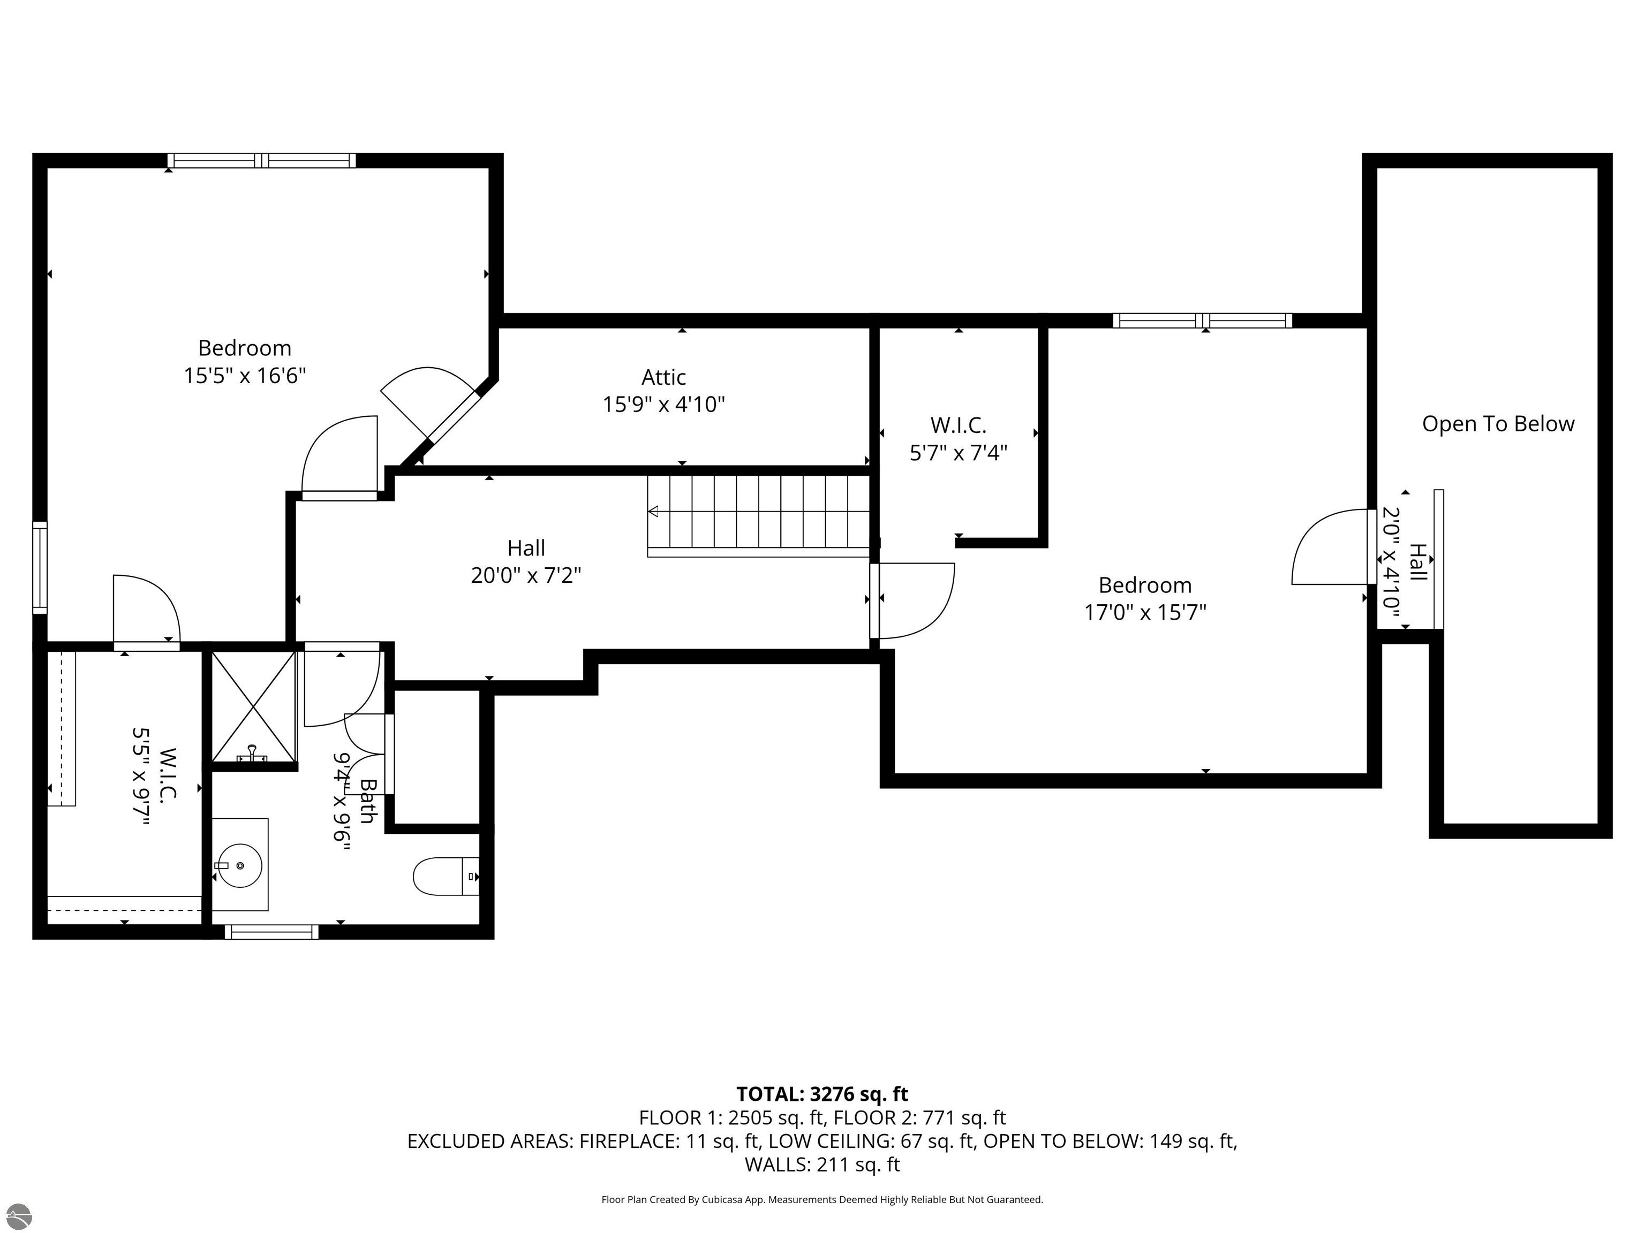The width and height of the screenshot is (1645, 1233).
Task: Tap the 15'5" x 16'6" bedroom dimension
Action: pyautogui.click(x=245, y=375)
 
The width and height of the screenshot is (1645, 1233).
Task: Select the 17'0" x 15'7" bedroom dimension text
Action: pyautogui.click(x=1144, y=612)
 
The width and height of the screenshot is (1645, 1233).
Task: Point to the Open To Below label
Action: pyautogui.click(x=1498, y=424)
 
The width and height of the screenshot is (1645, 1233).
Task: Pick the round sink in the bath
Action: pyautogui.click(x=239, y=865)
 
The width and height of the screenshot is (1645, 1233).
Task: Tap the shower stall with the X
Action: pyautogui.click(x=254, y=706)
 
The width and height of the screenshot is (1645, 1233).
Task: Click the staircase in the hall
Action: pyautogui.click(x=759, y=513)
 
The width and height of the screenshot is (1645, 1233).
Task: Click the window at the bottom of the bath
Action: pyautogui.click(x=271, y=932)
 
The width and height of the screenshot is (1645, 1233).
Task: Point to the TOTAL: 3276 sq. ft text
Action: pyautogui.click(x=822, y=1094)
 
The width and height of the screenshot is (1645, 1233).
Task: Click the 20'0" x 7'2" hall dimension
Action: pyautogui.click(x=526, y=575)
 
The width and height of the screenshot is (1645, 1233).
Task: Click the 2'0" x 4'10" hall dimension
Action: pyautogui.click(x=1391, y=562)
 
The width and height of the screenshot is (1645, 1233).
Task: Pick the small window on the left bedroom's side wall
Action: pyautogui.click(x=40, y=568)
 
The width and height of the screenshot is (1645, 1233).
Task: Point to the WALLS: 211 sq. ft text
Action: pyautogui.click(x=822, y=1164)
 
